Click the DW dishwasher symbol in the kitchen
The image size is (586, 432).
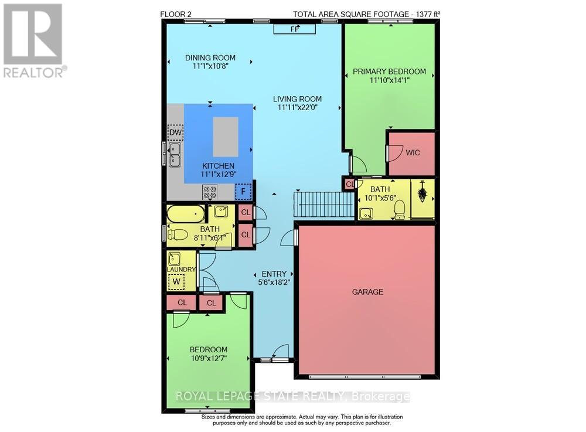tap(175, 133)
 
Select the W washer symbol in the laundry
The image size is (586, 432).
tap(175, 283)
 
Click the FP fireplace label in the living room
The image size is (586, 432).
tap(294, 29)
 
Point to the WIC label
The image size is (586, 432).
tap(413, 152)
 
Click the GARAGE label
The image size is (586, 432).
tap(367, 291)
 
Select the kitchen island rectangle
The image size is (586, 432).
tap(226, 137)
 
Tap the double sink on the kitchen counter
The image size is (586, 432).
tap(175, 154)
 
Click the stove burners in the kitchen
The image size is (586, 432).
tap(210, 191)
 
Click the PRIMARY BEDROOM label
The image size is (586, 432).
tap(389, 72)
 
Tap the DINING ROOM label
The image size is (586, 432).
tap(210, 57)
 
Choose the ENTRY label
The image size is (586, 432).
tap(274, 274)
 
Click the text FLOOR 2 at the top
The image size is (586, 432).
tap(176, 13)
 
